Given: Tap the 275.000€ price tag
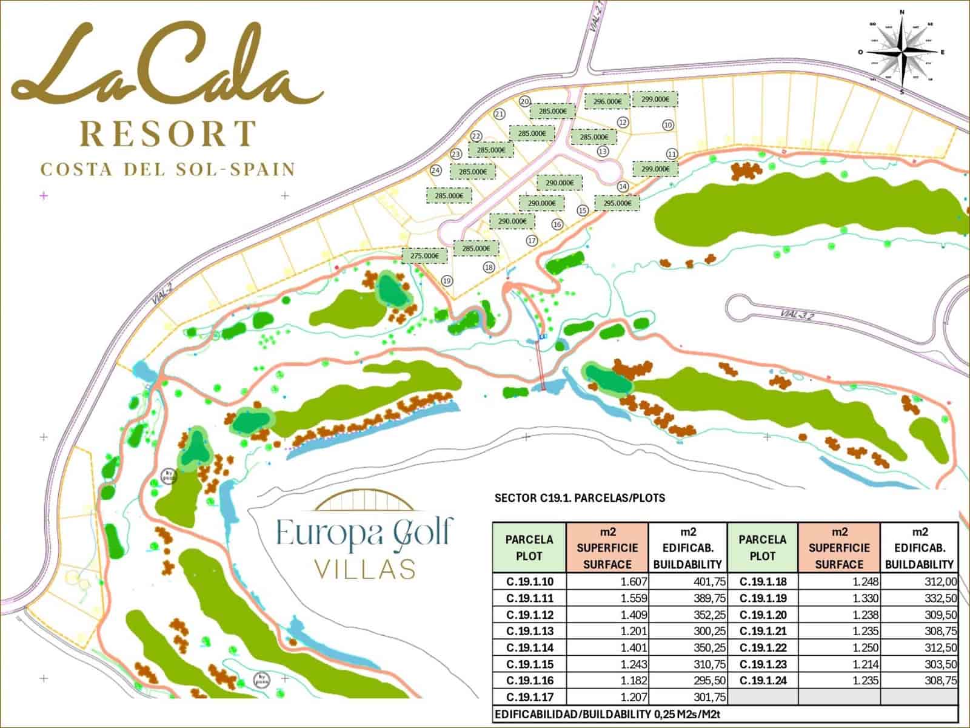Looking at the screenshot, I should (424, 256).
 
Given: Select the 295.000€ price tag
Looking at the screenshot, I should (617, 203).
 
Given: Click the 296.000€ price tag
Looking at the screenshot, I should (607, 101).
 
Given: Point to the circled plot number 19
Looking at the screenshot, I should (447, 280).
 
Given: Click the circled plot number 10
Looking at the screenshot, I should (667, 125).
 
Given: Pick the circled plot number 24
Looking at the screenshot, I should (435, 170).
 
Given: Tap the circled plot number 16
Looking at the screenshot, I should (557, 224).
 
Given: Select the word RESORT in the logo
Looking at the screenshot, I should (169, 134).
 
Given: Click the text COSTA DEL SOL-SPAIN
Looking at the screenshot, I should (168, 169).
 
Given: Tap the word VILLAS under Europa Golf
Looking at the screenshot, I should (365, 569).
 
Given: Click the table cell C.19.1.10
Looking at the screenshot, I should (529, 582).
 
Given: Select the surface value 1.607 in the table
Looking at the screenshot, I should (630, 582).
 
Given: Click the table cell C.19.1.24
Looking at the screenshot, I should (763, 681).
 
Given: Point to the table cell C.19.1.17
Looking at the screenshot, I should (529, 698).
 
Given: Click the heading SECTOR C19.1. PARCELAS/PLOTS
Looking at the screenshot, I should (580, 499).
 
